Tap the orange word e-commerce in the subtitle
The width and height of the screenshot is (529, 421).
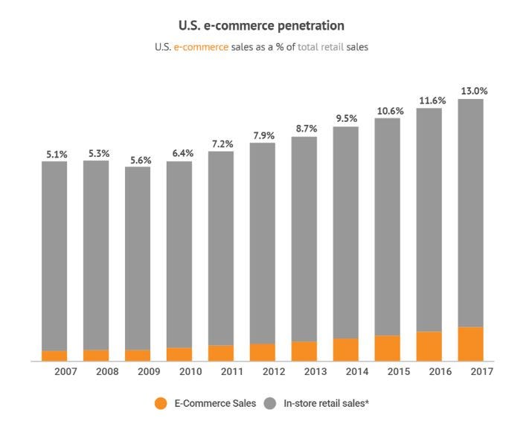tap(201, 47)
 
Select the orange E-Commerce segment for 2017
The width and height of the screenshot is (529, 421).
tap(470, 344)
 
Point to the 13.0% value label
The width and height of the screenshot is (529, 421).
tap(473, 91)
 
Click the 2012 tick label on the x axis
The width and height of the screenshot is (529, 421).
tap(274, 371)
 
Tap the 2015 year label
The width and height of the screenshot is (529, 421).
tap(400, 371)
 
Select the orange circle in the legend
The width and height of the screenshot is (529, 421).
tap(161, 403)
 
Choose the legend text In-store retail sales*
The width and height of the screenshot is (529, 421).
tap(327, 403)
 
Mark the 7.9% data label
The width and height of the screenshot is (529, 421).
tap(263, 135)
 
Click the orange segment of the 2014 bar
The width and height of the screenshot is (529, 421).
tap(345, 350)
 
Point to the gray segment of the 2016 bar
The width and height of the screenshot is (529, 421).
tap(429, 219)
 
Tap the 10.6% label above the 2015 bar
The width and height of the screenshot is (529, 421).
tap(388, 112)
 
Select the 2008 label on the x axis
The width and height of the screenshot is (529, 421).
tap(107, 371)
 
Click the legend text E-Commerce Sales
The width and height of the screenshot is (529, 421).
tap(215, 403)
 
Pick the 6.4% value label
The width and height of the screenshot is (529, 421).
tap(179, 153)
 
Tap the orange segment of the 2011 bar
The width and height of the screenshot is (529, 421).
tap(220, 353)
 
